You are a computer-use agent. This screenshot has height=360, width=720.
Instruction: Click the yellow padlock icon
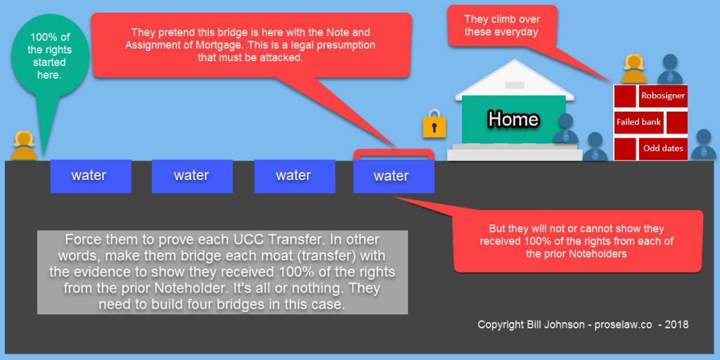tap(435, 124)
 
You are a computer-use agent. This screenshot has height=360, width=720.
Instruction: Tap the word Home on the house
tap(513, 119)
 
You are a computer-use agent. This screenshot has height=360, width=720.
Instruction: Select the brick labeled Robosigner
tap(663, 96)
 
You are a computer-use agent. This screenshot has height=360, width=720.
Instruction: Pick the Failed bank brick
tap(638, 122)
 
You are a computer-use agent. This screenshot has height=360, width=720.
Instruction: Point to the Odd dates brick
tap(663, 148)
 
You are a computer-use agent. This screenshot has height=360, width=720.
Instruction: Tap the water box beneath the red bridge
tap(394, 176)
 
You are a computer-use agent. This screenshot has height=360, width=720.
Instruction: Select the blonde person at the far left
tap(24, 146)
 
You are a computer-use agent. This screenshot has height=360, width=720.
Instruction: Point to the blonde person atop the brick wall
tap(634, 70)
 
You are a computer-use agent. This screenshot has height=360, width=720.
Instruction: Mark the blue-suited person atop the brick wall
tap(670, 70)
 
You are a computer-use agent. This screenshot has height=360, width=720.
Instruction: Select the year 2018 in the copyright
tap(677, 324)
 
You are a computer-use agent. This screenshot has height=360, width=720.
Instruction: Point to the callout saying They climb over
tap(503, 26)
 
